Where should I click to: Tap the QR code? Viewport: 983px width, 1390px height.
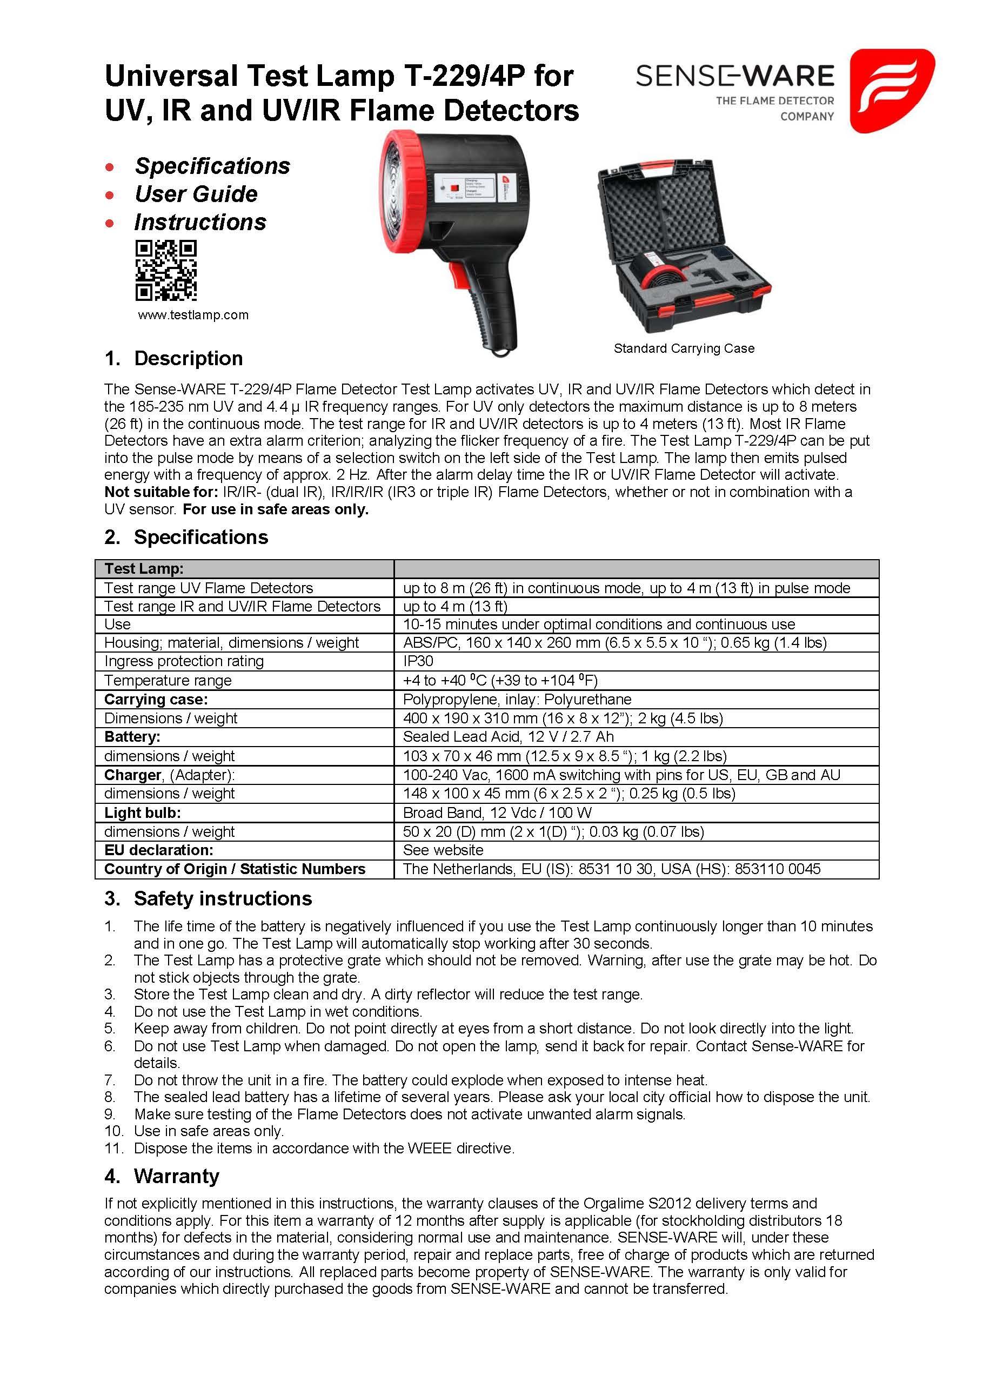[x=166, y=270]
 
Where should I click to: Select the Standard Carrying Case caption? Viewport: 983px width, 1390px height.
[x=684, y=348]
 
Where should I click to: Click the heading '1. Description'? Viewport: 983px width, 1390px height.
[x=174, y=358]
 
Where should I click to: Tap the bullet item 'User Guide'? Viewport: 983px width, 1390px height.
[x=196, y=194]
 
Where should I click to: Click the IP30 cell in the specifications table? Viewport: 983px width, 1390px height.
[x=418, y=661]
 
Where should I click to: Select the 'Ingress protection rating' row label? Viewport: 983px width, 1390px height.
[x=184, y=661]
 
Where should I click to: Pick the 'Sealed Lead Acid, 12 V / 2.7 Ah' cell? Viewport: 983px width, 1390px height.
[x=508, y=736]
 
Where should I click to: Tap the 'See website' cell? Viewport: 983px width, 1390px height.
[x=443, y=850]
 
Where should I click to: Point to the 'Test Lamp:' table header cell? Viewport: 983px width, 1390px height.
[x=144, y=568]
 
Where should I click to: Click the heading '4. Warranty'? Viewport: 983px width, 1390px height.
[x=162, y=1176]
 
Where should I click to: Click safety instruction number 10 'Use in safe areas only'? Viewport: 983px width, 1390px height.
[x=209, y=1131]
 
